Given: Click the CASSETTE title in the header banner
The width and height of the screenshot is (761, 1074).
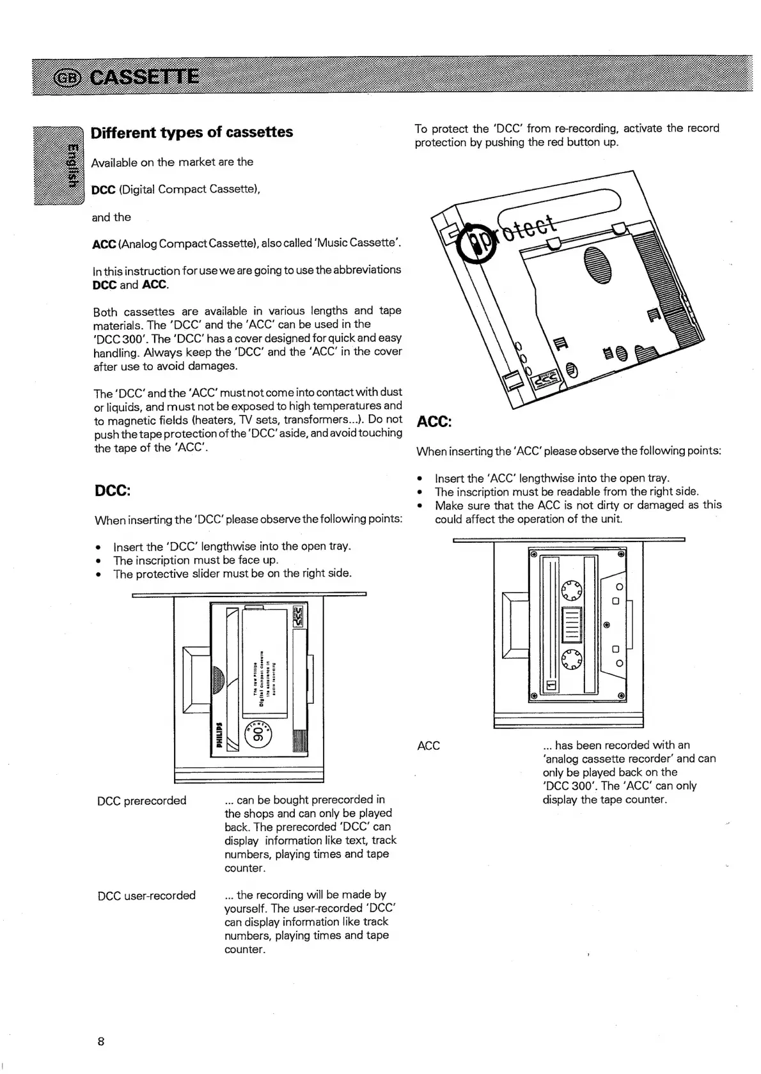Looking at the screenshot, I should (144, 77).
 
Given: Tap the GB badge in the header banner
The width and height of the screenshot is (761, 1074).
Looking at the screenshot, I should (68, 78).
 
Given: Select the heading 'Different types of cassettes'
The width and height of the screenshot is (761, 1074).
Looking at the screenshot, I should (192, 132).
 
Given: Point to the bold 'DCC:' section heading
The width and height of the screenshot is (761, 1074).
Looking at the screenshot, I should (113, 490).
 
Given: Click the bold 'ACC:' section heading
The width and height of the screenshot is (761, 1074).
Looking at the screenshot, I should (434, 422).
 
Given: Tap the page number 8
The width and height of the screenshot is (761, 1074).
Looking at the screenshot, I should (101, 1041).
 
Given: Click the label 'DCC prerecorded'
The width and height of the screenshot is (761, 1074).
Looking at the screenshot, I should (141, 800).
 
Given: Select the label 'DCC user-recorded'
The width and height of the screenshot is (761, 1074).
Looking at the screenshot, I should (146, 895).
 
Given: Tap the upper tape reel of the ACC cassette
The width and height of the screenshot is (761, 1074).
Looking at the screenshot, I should (571, 591).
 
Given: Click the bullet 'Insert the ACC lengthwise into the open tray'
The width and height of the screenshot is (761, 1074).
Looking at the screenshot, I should (552, 478).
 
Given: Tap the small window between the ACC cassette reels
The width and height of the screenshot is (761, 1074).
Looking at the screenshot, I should (571, 625).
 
